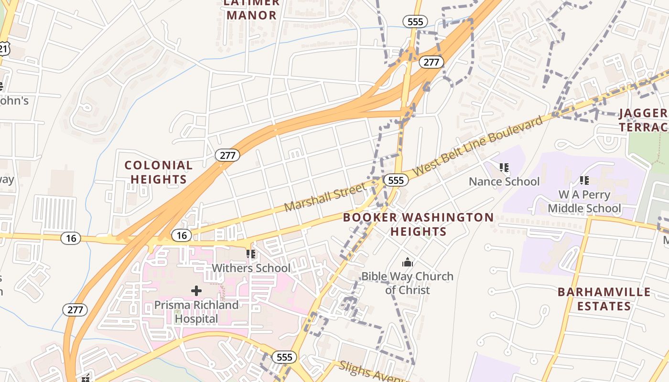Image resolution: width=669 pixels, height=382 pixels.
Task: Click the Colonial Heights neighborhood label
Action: click(x=158, y=172)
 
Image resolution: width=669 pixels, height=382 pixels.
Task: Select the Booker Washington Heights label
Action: click(x=419, y=224)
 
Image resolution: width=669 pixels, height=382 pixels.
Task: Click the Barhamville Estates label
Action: click(x=604, y=299)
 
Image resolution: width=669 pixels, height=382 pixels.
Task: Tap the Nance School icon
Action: click(x=504, y=167)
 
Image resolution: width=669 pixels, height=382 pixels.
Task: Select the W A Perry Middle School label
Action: click(x=584, y=202)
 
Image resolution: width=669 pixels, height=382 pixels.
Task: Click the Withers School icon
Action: click(x=250, y=254)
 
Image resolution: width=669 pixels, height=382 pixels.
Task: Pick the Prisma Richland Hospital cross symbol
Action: click(x=196, y=290)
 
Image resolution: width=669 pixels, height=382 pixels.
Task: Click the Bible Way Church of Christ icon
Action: click(x=407, y=262)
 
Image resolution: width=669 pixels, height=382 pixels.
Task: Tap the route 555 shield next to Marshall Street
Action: click(x=396, y=180)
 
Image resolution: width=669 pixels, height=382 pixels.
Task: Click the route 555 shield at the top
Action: click(x=415, y=21)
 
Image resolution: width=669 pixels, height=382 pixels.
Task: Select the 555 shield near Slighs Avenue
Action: click(x=285, y=357)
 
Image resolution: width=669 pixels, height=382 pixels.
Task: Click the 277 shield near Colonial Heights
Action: click(x=227, y=155)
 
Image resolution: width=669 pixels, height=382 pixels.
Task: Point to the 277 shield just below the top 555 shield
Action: click(x=432, y=62)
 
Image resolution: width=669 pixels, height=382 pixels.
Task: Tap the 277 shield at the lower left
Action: click(x=75, y=309)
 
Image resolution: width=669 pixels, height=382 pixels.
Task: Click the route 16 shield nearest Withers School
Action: click(x=182, y=235)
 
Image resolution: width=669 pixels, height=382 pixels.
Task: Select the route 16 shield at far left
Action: click(x=71, y=238)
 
